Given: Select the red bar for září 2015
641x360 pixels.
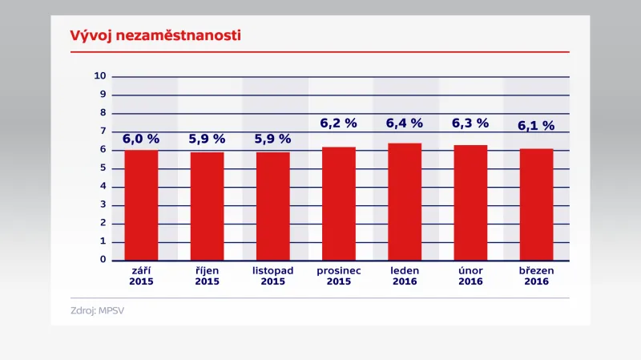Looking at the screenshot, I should [141, 204].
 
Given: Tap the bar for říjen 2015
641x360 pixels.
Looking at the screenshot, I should [207, 205].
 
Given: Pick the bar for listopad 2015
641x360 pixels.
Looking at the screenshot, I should [272, 205].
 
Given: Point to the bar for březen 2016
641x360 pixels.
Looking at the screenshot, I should [536, 204].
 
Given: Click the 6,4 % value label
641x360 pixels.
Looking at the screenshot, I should [405, 123].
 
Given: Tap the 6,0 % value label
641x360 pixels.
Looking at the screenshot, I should [141, 139].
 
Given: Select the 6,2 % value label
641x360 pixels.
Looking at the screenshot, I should [339, 123].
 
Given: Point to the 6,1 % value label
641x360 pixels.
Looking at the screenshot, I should [536, 126].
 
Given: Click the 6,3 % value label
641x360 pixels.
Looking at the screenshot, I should [470, 123].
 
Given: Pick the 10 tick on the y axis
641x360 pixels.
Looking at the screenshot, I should [100, 76].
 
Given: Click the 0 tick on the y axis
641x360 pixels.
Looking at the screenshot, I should [103, 260].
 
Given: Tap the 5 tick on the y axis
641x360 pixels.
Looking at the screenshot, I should [103, 168].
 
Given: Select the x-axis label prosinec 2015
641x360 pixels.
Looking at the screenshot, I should [339, 276].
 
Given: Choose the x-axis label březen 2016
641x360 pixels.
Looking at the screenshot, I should [536, 276].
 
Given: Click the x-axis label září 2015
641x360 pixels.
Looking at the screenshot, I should [141, 276].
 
